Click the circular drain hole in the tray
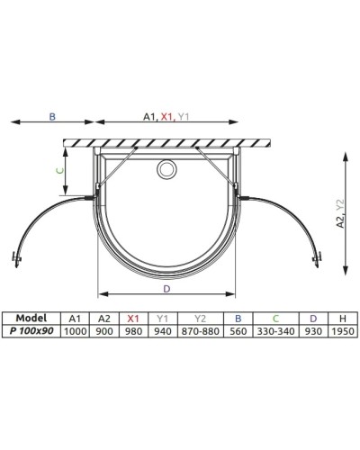tap(166, 168)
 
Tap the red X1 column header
tap(133, 318)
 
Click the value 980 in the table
tap(133, 330)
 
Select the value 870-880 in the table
tap(199, 330)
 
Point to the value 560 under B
tap(238, 330)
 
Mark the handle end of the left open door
tap(14, 261)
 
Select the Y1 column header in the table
tap(162, 318)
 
